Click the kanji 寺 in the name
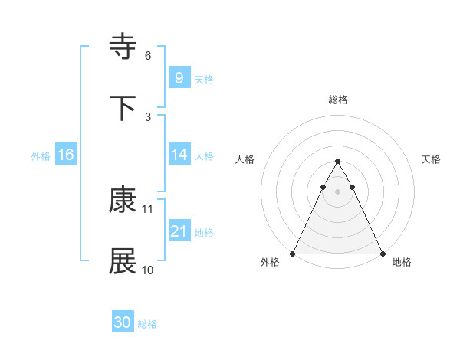pos(123,47)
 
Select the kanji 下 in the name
pos(123,108)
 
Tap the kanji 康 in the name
pos(123,200)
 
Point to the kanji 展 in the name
pos(123,261)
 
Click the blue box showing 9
pos(179,77)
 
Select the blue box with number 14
pos(179,155)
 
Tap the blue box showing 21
pos(179,231)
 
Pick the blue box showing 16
pos(66,155)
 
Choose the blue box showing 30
pos(123,322)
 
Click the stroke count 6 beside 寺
pos(147,56)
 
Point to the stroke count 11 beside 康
pos(148,208)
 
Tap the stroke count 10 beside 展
pos(148,270)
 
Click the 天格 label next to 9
pos(204,80)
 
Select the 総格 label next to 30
pos(147,324)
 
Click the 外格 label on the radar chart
pos(270,262)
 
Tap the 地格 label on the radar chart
pos(402,262)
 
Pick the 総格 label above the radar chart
pos(337,100)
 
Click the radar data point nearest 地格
pos(382,254)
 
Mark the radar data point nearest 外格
pos(293,254)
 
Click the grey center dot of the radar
pos(337,191)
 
